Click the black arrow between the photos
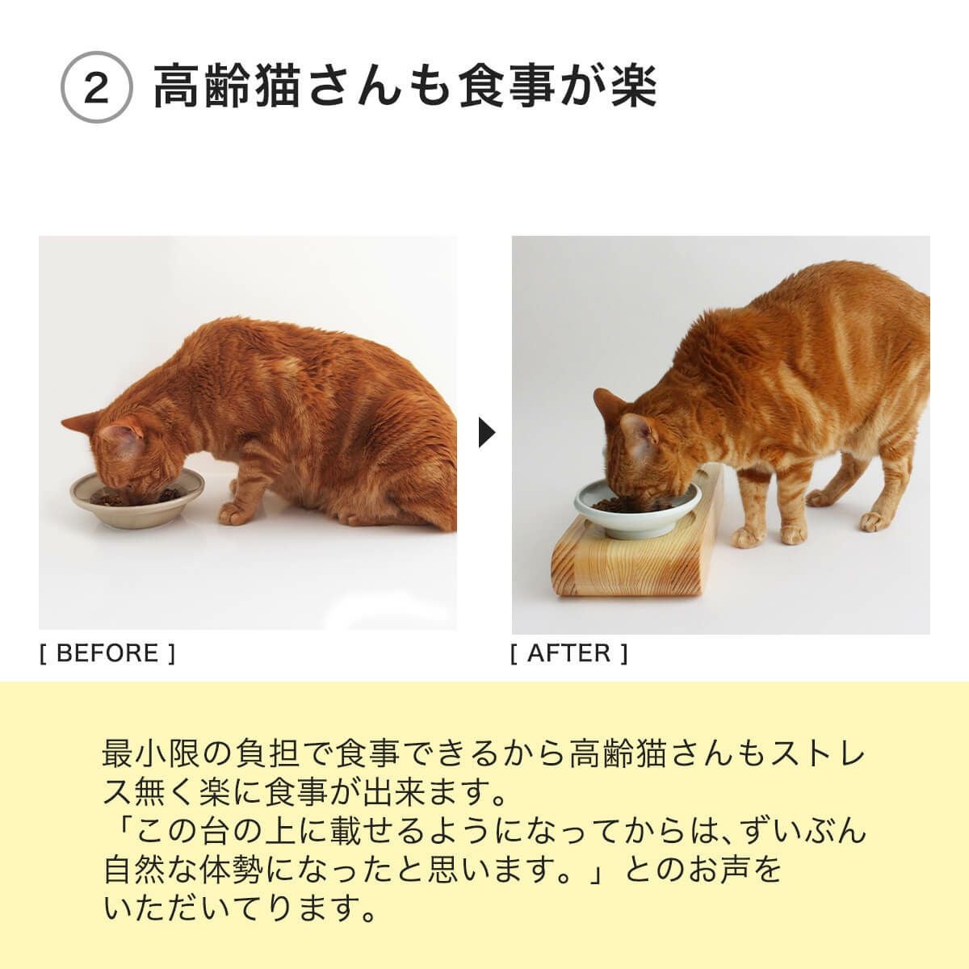point(486,433)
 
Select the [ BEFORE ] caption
point(107,652)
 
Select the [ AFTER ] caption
point(568,652)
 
